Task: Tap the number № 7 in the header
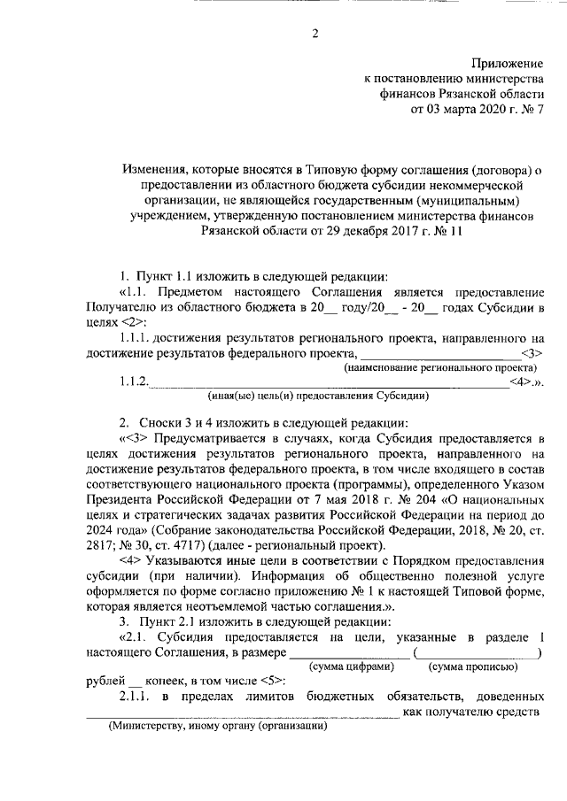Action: tap(533, 111)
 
